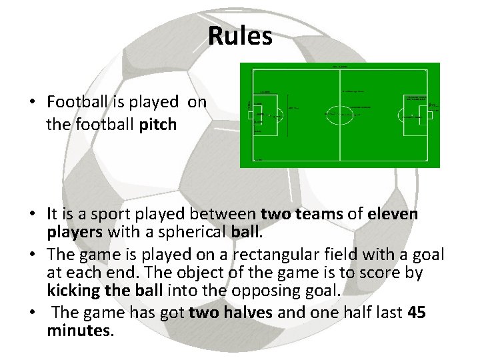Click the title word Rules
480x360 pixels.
click(240, 36)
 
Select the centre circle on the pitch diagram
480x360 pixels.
click(339, 114)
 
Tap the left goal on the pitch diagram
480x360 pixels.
click(250, 115)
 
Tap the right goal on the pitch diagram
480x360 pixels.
click(430, 115)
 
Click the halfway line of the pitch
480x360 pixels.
click(339, 140)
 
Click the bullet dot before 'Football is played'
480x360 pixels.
click(31, 103)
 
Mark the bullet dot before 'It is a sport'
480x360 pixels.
click(31, 215)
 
